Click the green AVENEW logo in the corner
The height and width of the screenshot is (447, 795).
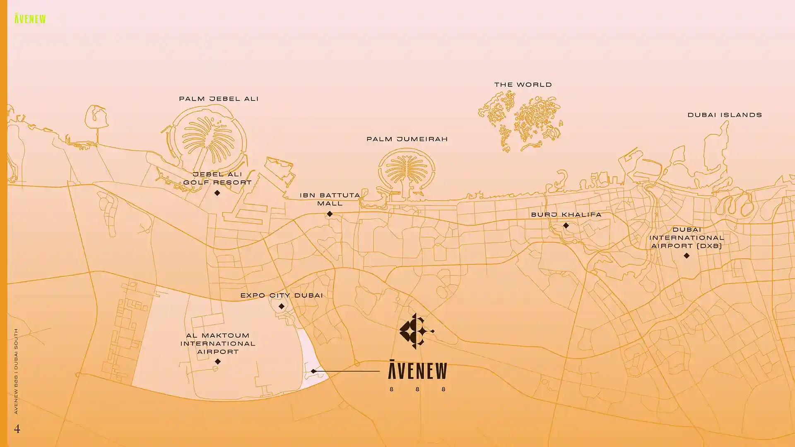(30, 19)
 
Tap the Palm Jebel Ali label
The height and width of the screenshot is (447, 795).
(219, 99)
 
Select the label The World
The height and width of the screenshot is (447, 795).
(523, 85)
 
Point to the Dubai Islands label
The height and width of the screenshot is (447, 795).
(725, 115)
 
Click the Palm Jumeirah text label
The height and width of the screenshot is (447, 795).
(407, 139)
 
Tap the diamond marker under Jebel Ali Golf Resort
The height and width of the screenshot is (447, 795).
(217, 193)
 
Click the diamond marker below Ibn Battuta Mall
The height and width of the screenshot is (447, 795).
(330, 214)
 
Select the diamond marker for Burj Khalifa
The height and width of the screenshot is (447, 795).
(566, 226)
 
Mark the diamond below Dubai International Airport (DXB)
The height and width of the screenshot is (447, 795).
(687, 256)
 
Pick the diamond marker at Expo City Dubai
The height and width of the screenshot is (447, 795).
(282, 307)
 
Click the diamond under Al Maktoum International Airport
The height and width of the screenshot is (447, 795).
(218, 362)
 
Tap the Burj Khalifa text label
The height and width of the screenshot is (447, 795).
(566, 215)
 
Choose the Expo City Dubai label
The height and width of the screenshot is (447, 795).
(282, 296)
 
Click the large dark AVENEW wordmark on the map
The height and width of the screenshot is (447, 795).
(417, 370)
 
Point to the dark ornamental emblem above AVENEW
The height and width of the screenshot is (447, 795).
(416, 331)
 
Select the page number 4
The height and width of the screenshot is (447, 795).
(17, 429)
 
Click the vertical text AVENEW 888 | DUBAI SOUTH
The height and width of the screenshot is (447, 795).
(16, 371)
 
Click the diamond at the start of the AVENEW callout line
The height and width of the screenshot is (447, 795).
(313, 371)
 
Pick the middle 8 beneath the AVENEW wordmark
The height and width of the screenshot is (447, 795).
(417, 389)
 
